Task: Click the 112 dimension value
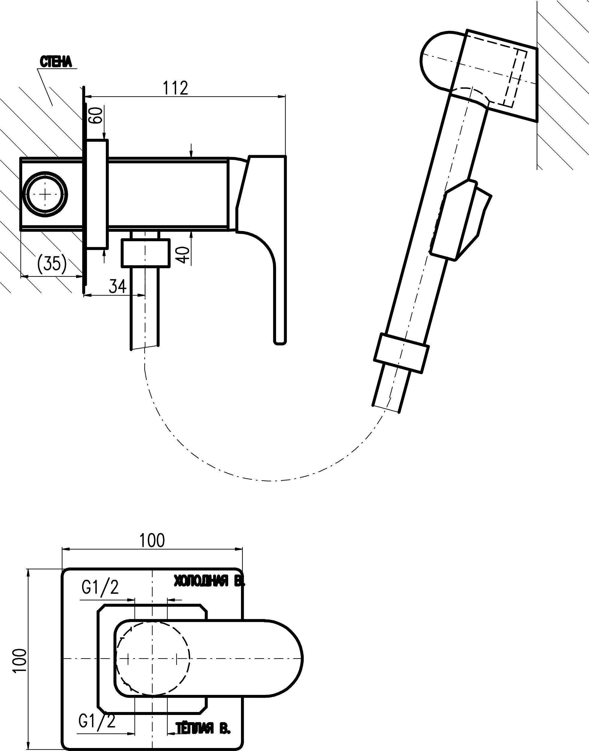[x=176, y=88]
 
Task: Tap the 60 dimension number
[x=96, y=115]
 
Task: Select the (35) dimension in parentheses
[x=52, y=264]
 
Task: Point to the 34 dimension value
[x=118, y=286]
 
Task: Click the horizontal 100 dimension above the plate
[x=152, y=540]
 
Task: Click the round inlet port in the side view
[x=45, y=194]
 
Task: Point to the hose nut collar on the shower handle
[x=401, y=353]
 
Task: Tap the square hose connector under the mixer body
[x=145, y=253]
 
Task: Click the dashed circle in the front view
[x=153, y=659]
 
